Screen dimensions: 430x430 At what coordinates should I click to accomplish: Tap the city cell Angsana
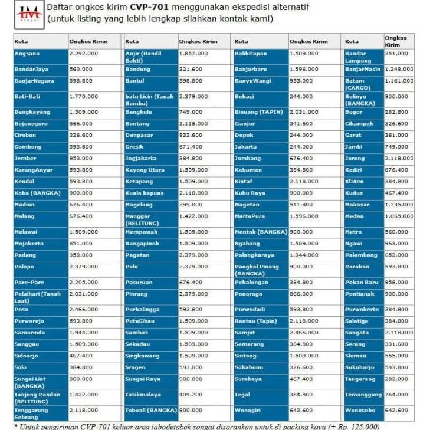[x=40, y=57]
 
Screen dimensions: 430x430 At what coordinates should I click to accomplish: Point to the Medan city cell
[x=363, y=216]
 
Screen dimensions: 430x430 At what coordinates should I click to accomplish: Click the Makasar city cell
[x=363, y=205]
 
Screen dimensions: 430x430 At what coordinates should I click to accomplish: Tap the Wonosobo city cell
[x=363, y=410]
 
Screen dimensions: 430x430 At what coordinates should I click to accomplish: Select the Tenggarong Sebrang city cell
[x=40, y=413]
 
